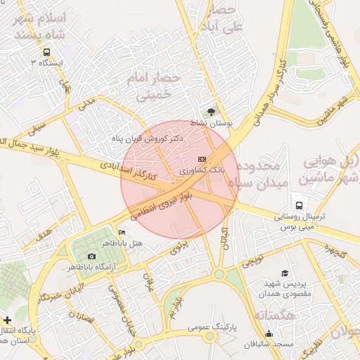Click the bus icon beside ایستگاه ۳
click(46, 52)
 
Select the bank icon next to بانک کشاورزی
click(202, 160)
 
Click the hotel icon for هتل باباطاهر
click(122, 233)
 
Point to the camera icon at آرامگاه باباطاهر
click(92, 257)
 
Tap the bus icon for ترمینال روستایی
click(300, 206)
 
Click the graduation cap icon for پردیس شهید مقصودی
click(285, 273)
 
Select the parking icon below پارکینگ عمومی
click(210, 338)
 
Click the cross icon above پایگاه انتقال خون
click(7, 320)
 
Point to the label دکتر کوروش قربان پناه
click(148, 139)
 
